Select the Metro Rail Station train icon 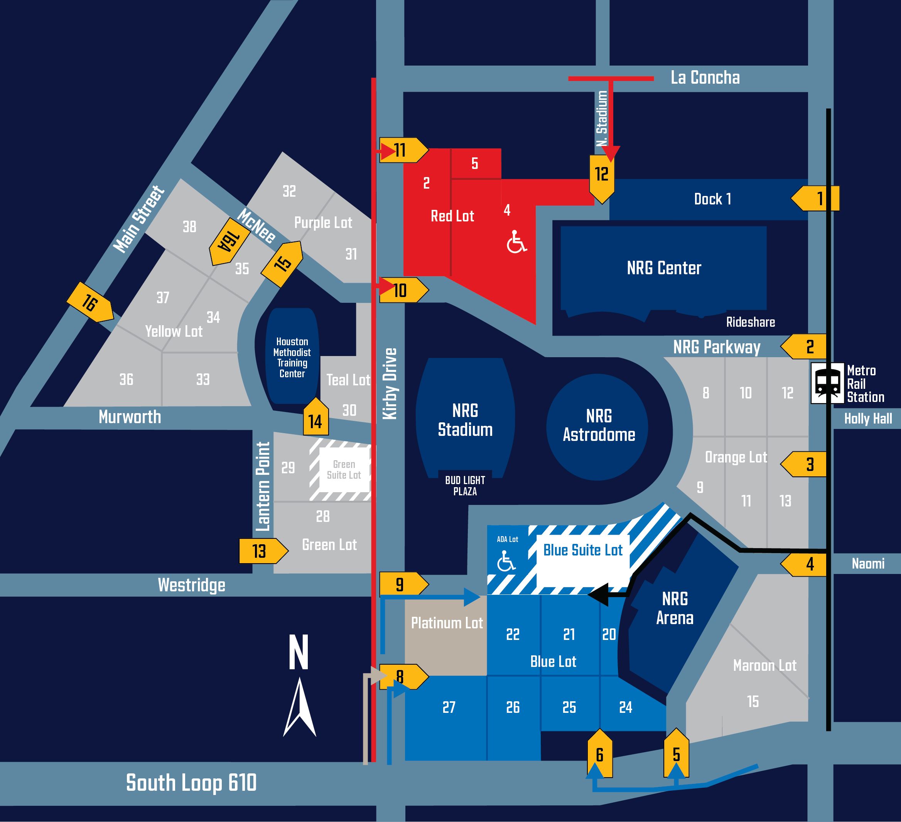point(828,383)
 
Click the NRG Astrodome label point(599,425)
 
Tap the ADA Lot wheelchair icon point(506,560)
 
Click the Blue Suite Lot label point(583,550)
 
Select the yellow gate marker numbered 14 point(316,417)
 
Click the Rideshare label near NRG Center point(751,322)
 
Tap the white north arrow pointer point(299,707)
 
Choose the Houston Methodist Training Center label point(292,358)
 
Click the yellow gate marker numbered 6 point(600,754)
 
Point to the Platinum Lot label point(447,623)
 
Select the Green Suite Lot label point(344,470)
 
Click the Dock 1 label point(712,199)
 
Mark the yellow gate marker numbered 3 point(803,464)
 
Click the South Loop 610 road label point(191,783)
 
